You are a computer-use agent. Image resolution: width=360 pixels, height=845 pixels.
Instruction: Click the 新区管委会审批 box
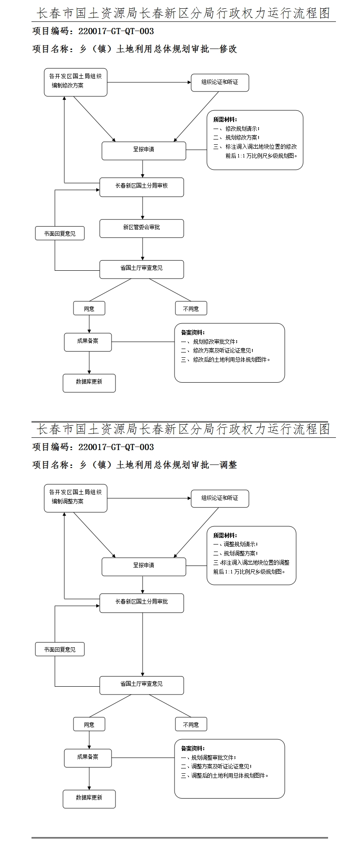coord(141,228)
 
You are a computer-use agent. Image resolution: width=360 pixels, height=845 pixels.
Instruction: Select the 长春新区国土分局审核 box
coord(141,186)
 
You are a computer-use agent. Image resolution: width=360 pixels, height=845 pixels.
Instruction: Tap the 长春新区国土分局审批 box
coord(141,602)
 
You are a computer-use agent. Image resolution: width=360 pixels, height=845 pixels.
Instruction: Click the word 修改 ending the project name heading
coord(228,49)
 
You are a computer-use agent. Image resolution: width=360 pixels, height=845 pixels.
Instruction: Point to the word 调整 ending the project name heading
coord(228,465)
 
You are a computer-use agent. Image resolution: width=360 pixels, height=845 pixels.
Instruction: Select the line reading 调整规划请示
coord(240,545)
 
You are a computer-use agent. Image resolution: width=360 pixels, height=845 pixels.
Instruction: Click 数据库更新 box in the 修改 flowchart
coord(89,382)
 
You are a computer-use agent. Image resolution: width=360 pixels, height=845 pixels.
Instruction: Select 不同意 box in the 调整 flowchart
coord(191,724)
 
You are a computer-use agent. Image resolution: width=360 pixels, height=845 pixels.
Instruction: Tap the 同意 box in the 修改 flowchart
coord(89,308)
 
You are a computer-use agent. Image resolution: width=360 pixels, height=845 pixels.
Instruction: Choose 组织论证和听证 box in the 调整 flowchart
coord(220,498)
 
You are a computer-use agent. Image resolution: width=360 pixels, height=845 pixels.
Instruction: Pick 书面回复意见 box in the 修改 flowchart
coord(59,234)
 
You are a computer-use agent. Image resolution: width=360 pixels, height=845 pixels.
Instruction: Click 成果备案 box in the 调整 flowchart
coord(87,757)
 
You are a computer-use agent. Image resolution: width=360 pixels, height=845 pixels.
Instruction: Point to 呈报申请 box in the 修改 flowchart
coord(143,150)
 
